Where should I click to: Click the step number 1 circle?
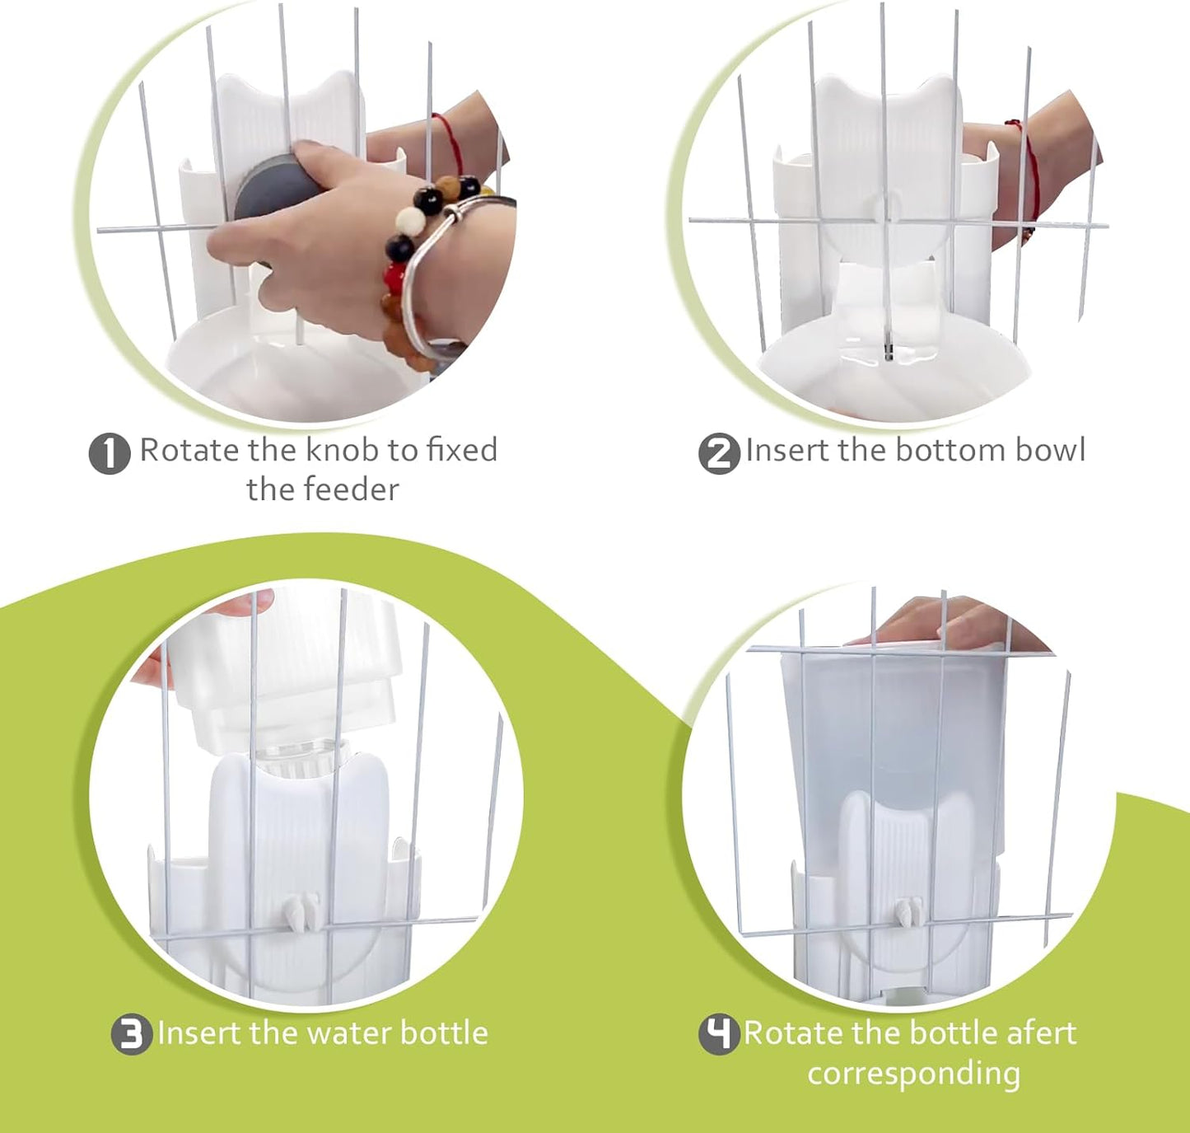[110, 453]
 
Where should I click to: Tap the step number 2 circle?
[719, 453]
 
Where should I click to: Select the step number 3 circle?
[132, 1034]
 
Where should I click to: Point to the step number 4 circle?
[719, 1034]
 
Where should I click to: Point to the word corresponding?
[913, 1073]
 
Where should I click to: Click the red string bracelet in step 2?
[1029, 173]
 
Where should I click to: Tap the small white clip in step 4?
[908, 913]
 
